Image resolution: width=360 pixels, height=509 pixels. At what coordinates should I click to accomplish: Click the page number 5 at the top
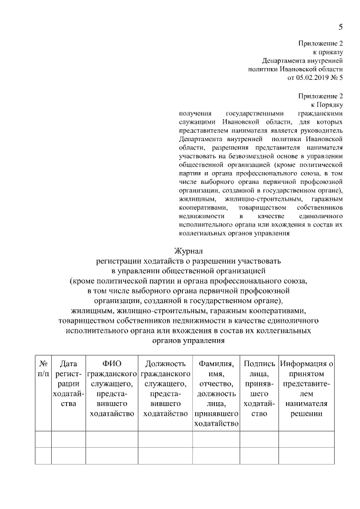tap(340, 26)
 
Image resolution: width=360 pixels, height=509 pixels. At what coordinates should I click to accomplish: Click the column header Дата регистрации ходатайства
tap(68, 389)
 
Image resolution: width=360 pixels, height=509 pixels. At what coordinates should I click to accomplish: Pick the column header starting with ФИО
tap(112, 389)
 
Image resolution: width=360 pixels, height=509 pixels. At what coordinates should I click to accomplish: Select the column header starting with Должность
tap(165, 389)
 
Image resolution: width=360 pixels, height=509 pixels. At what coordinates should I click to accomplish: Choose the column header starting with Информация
tap(307, 389)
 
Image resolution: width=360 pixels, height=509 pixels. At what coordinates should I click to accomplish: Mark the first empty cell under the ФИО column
tap(112, 439)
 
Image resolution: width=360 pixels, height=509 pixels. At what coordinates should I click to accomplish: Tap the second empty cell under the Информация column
tap(307, 456)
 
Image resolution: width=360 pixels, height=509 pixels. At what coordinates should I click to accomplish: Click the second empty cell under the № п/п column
tap(43, 456)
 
